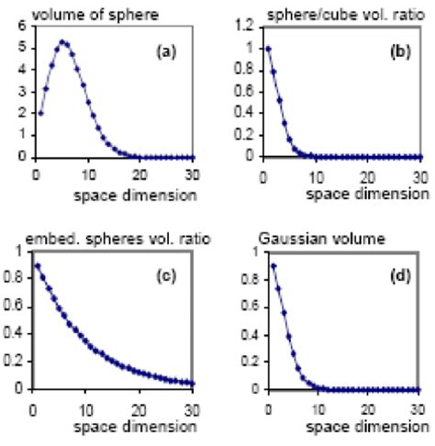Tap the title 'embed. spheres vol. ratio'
pos(105,238)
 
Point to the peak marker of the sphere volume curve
pos(62,41)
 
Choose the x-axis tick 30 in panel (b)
pos(419,175)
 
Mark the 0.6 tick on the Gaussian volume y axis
pos(241,304)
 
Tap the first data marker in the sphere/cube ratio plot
pos(267,48)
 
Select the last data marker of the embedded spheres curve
pos(189,382)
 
